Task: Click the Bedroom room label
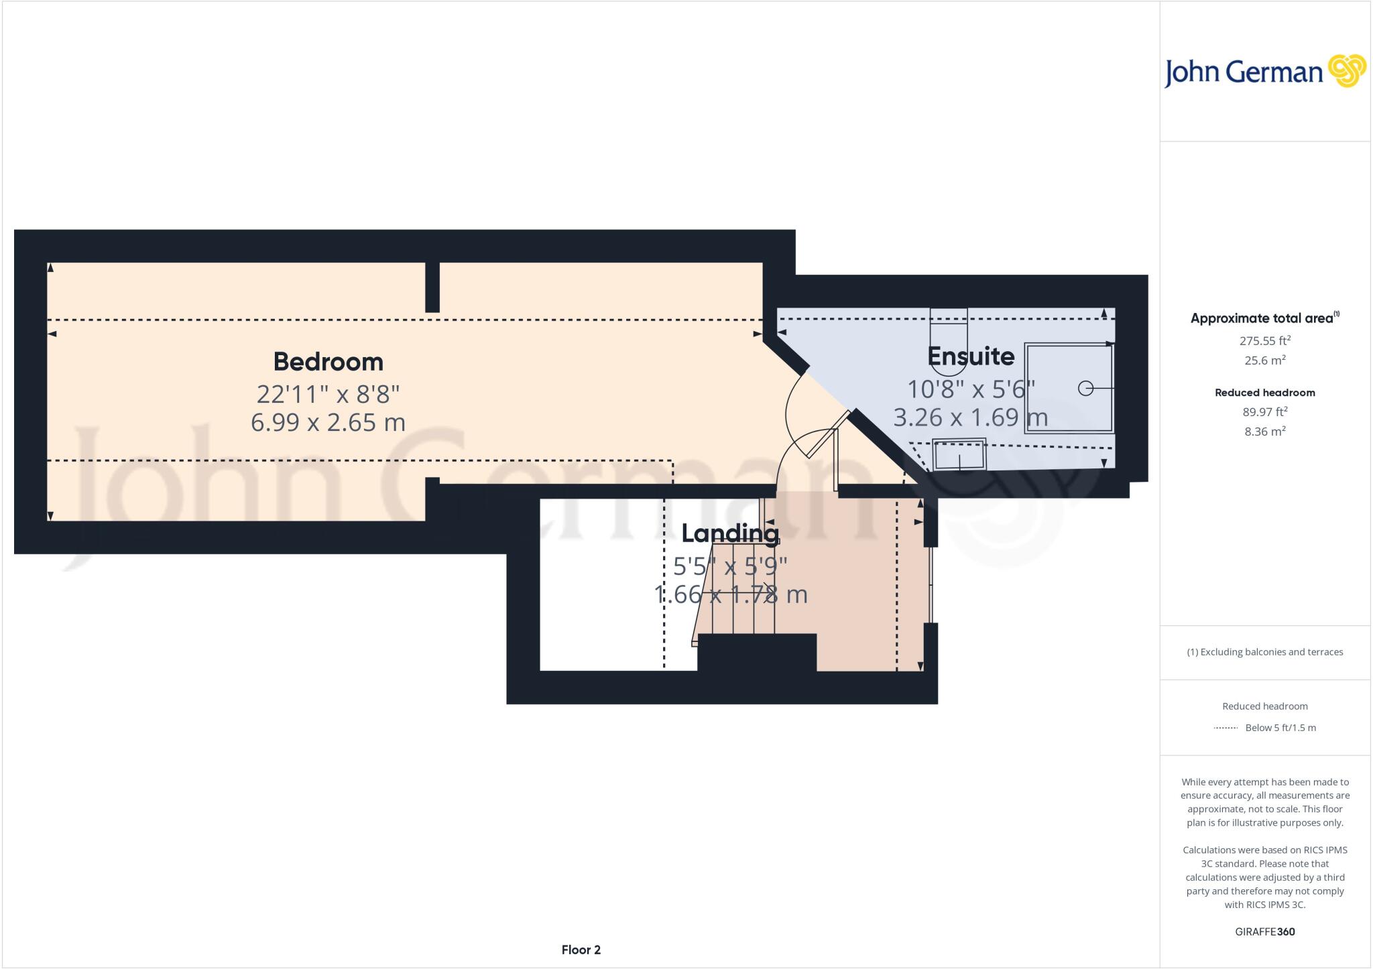[328, 362]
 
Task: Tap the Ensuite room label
[970, 357]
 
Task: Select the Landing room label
[730, 533]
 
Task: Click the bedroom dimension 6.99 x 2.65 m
[328, 423]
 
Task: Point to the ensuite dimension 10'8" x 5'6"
[970, 389]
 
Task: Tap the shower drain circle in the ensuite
[1085, 388]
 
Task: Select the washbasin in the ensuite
[959, 455]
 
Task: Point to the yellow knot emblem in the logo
[1346, 71]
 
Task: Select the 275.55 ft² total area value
[1264, 340]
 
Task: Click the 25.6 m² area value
[1264, 361]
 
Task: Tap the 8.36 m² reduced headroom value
[1264, 432]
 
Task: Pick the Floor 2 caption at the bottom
[581, 950]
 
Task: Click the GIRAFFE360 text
[1264, 931]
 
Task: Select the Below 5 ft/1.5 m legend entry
[1280, 728]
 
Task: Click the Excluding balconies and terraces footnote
[1264, 652]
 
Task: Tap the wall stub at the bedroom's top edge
[432, 287]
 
